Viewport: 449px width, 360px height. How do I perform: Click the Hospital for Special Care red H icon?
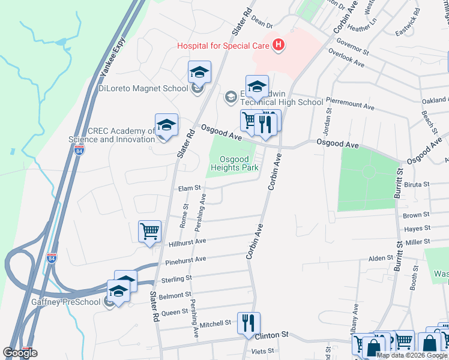[278, 44]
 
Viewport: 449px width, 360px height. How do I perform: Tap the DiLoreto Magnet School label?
[143, 89]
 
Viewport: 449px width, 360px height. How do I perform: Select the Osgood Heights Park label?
[234, 163]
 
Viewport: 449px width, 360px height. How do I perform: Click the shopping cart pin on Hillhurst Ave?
[149, 230]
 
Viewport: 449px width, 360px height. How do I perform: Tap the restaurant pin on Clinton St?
[248, 323]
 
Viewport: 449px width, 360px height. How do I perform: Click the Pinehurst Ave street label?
[187, 260]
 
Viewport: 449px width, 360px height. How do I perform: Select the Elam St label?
[189, 188]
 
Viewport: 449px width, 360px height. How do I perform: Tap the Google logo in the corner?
[20, 353]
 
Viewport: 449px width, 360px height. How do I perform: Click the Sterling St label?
[177, 278]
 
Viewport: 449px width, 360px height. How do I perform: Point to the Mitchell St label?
[215, 323]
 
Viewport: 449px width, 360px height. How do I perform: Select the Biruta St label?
[417, 185]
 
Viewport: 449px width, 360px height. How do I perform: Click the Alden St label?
[381, 258]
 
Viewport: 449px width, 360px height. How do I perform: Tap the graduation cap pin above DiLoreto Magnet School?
[199, 73]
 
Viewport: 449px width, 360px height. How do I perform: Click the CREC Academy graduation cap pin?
[166, 125]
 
